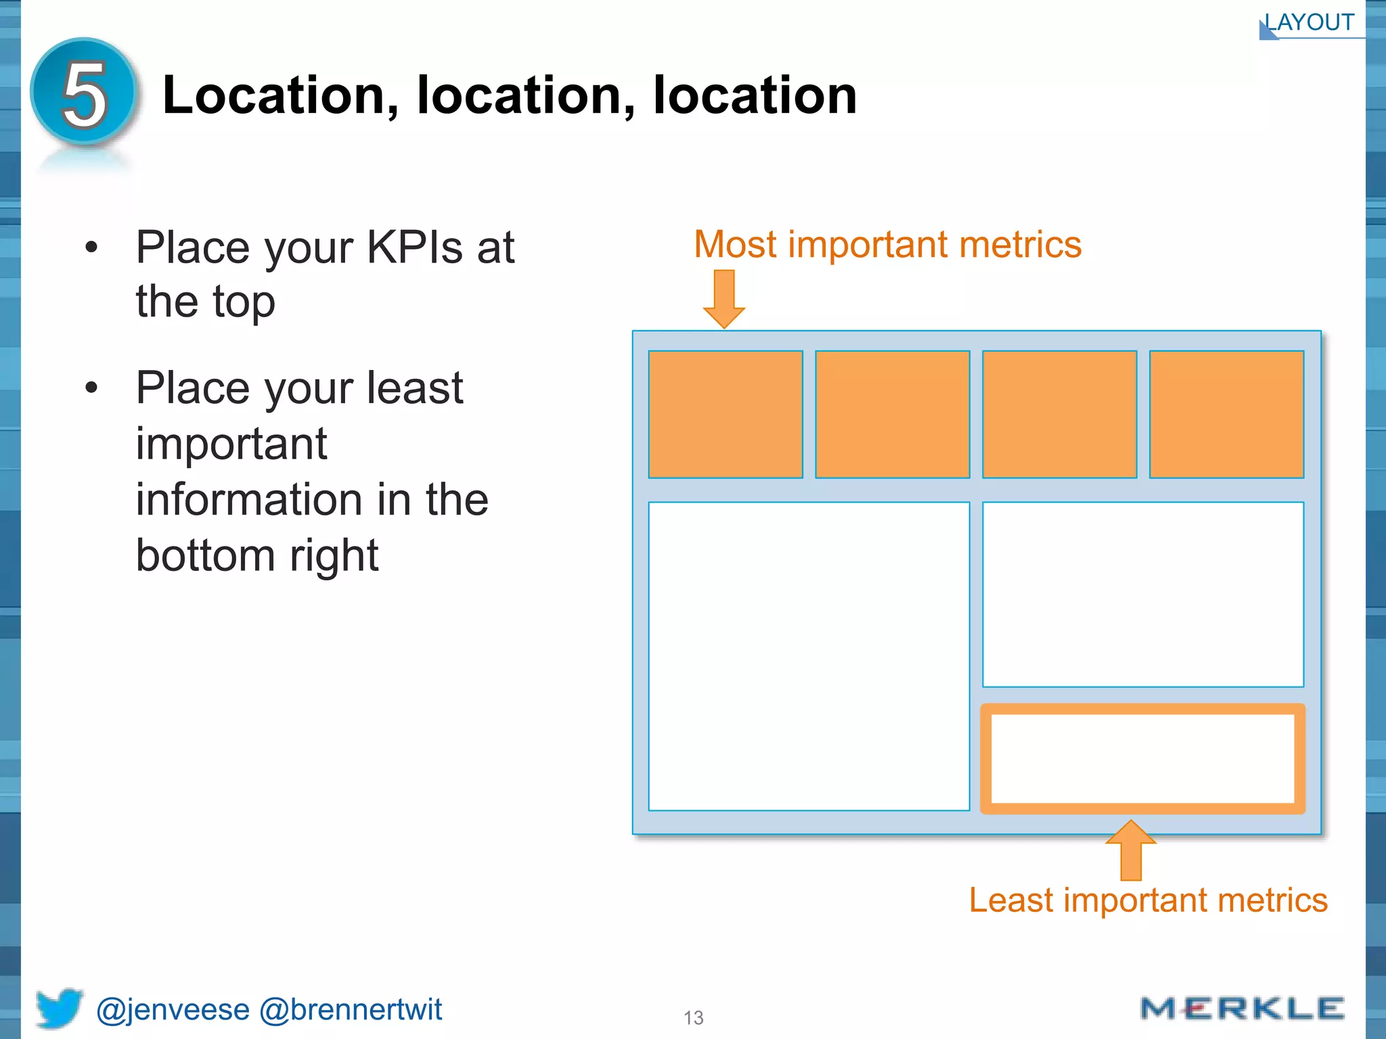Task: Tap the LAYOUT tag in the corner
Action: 1310,23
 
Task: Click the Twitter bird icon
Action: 60,1008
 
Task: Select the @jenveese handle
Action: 173,1010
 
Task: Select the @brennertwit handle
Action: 351,1010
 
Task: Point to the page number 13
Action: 694,1018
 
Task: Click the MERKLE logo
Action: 1242,1009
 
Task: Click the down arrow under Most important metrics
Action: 724,298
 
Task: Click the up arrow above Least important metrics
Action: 1131,850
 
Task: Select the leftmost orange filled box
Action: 725,414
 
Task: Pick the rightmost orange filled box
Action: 1226,414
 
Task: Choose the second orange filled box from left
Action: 893,414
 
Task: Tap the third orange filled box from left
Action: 1060,414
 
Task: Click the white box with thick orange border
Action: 1143,758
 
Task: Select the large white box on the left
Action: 809,656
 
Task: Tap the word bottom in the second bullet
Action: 205,555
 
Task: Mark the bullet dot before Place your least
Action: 92,388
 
